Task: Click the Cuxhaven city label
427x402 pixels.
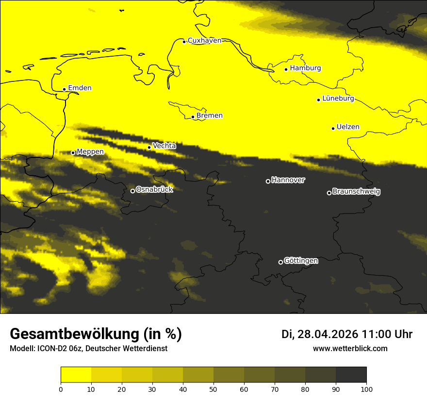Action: coord(204,41)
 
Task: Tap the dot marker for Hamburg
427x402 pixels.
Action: coord(286,69)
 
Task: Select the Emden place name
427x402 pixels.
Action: coord(80,88)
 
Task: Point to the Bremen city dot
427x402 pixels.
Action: coord(193,117)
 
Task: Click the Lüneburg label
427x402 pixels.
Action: coord(338,99)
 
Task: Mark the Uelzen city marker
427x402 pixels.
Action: coord(333,128)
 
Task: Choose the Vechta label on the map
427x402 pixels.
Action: coord(164,146)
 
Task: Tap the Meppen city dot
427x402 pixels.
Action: coord(73,153)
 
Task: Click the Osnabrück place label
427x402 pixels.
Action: coord(154,190)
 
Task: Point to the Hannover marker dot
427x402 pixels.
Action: coord(268,181)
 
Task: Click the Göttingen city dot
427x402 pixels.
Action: coord(280,262)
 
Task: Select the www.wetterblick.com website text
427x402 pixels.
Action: coord(350,348)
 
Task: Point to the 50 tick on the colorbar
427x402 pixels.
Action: coord(213,389)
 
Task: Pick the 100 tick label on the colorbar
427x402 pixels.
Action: coord(366,389)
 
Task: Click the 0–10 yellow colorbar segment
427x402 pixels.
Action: coord(76,375)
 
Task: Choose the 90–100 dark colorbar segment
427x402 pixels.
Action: coord(351,375)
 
